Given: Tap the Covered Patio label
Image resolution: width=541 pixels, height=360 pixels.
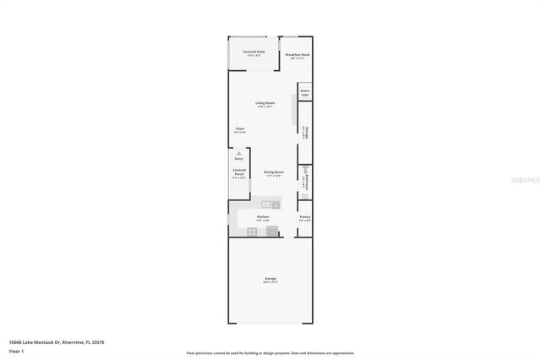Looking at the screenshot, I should click(254, 53).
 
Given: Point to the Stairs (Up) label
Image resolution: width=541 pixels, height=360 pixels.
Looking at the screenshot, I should click(304, 92).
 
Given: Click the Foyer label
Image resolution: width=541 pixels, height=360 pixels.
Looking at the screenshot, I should click(240, 130).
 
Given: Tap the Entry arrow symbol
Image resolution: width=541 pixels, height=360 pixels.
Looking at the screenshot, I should click(238, 153).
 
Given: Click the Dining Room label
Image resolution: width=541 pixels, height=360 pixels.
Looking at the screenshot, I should click(273, 174).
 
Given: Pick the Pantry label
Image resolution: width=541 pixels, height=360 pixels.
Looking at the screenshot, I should click(305, 218).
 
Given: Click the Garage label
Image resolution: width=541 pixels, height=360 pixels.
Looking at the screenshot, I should click(270, 280).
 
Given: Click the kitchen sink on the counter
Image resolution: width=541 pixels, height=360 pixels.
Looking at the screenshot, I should click(266, 205).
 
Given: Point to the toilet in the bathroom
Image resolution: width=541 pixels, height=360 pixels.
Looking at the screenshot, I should click(305, 171).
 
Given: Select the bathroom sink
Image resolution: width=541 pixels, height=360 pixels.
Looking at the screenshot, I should click(304, 196).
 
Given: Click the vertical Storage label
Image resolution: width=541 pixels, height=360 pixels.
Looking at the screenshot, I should click(305, 133).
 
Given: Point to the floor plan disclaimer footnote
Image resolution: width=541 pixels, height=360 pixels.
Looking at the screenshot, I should click(270, 352).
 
